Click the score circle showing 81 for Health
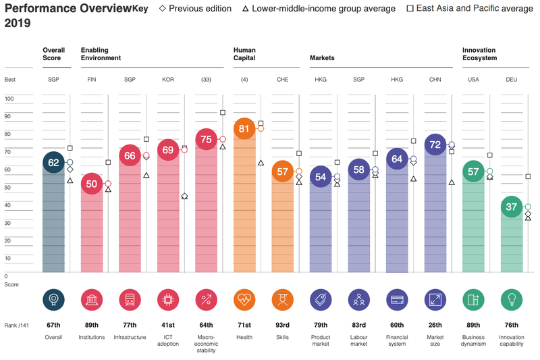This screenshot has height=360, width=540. [244, 128]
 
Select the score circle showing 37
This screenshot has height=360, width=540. [512, 207]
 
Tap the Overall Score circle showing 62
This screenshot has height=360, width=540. [53, 163]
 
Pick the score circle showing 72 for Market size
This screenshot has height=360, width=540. [435, 145]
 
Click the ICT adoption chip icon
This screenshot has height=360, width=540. [168, 299]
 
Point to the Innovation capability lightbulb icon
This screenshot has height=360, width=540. [512, 299]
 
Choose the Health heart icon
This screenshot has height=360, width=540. [244, 299]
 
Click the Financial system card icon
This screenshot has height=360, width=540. [397, 299]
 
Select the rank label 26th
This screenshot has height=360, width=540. [435, 325]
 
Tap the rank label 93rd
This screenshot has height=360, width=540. [283, 325]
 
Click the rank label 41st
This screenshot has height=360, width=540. [168, 325]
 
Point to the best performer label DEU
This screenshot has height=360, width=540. [512, 80]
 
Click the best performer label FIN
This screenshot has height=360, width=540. [92, 80]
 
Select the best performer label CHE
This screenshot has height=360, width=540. [283, 80]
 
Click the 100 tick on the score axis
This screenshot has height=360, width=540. [9, 99]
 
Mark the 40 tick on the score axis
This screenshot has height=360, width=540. [9, 205]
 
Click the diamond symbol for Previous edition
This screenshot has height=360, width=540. [163, 9]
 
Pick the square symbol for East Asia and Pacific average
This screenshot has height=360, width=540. [410, 9]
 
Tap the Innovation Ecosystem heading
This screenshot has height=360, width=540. [479, 54]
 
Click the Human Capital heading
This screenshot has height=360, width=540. [244, 54]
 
